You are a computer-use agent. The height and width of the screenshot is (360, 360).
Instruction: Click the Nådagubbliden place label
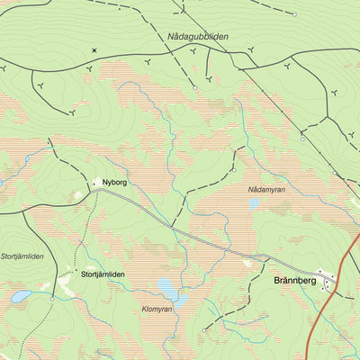click(x=198, y=37)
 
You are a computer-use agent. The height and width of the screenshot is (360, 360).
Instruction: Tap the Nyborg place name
click(x=116, y=183)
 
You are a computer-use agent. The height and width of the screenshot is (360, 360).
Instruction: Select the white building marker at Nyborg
click(x=96, y=183)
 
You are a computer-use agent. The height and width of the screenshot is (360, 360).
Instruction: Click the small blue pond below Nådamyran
click(x=253, y=204)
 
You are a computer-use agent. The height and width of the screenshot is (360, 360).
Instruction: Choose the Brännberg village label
click(x=293, y=281)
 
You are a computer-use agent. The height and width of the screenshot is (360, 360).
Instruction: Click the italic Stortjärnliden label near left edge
click(x=22, y=256)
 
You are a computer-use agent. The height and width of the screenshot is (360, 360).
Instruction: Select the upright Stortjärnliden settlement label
click(x=103, y=274)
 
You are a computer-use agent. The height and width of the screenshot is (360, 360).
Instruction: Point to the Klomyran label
click(x=157, y=309)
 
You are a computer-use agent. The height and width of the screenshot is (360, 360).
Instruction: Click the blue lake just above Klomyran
click(x=166, y=287)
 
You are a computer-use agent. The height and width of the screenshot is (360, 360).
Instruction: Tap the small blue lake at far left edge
click(x=20, y=295)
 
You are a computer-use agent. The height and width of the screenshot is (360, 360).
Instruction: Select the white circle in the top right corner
click(x=294, y=14)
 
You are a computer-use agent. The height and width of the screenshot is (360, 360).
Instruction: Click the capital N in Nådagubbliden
click(x=171, y=37)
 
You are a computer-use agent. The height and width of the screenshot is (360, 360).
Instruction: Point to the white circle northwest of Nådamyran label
click(x=233, y=168)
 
